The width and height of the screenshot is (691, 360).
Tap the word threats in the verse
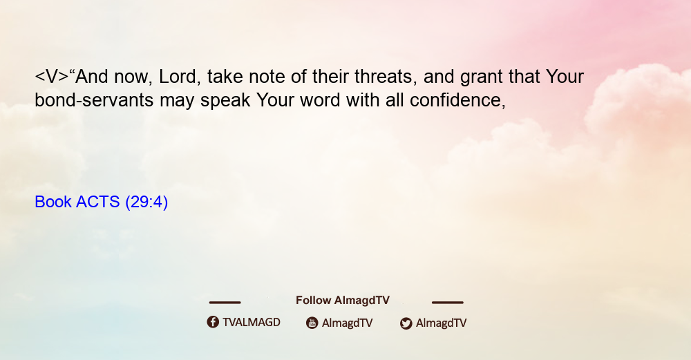(x=386, y=77)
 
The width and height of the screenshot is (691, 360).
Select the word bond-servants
(x=94, y=100)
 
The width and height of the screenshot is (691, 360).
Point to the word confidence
(x=457, y=100)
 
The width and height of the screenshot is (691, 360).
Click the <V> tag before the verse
(x=52, y=77)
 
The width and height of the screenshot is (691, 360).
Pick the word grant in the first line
(x=481, y=78)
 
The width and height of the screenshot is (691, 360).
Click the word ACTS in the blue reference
(x=98, y=202)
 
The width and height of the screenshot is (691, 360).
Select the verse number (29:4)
(x=146, y=202)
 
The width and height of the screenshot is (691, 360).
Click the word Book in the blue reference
(x=53, y=202)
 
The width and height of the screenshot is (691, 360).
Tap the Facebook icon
(x=213, y=322)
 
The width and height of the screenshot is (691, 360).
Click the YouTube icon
(x=312, y=323)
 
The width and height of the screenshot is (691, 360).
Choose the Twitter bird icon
(x=406, y=323)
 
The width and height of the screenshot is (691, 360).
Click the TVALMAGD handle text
(x=252, y=323)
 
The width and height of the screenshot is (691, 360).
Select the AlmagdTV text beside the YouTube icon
(x=348, y=323)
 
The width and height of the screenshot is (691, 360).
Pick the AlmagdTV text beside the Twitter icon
(x=441, y=323)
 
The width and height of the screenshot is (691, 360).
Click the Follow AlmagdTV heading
(x=343, y=301)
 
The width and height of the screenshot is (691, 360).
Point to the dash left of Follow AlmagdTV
(x=225, y=303)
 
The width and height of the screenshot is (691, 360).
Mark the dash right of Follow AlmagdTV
(x=448, y=303)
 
